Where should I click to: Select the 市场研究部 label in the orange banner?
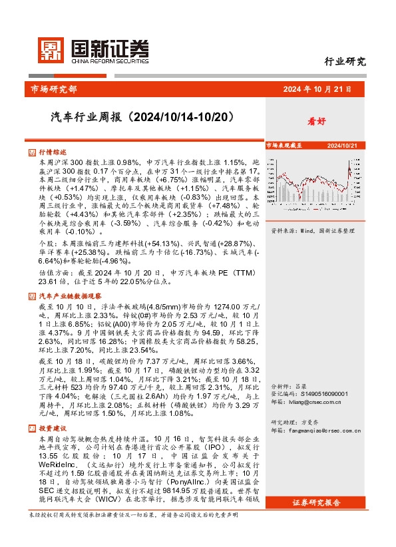coord(54,89)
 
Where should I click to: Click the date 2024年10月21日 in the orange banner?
coord(317,89)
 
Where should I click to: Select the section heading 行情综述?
coord(53,152)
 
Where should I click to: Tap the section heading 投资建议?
coord(53,429)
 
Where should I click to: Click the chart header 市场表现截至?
coord(285,145)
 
